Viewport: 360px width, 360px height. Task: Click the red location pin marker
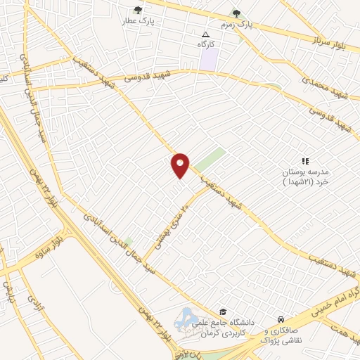[x=180, y=165]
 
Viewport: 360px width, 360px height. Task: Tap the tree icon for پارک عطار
[x=138, y=11]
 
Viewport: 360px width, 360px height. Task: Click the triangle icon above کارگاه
[x=205, y=34]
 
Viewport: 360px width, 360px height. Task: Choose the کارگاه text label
[x=206, y=44]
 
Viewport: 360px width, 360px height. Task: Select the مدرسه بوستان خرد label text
[x=305, y=176]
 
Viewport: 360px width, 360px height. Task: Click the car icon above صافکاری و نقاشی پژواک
[x=281, y=319]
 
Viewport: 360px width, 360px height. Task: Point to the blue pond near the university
[x=188, y=318]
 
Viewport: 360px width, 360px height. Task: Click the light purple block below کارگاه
[x=207, y=60]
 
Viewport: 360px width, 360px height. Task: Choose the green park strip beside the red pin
[x=210, y=160]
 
